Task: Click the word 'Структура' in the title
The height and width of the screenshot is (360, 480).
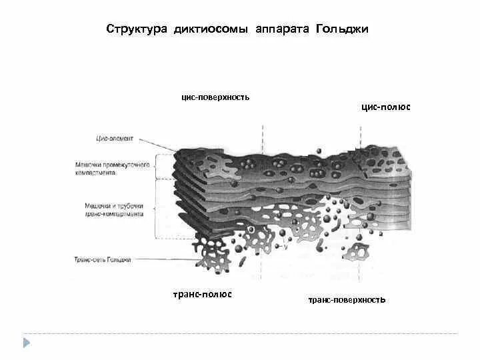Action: click(137, 30)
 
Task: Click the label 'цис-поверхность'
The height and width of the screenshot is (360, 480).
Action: click(216, 97)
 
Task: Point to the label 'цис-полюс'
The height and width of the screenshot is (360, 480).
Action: click(385, 107)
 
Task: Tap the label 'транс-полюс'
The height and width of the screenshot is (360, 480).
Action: click(203, 294)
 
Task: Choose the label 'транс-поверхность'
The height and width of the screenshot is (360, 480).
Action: click(347, 300)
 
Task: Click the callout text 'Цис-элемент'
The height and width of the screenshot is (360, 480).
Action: click(115, 139)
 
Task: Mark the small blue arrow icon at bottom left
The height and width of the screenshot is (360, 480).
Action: click(27, 343)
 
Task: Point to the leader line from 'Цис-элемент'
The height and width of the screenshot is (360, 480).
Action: click(157, 145)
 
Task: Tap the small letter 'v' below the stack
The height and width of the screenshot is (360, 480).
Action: click(286, 247)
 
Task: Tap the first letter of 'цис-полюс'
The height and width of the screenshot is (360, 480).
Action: click(363, 107)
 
